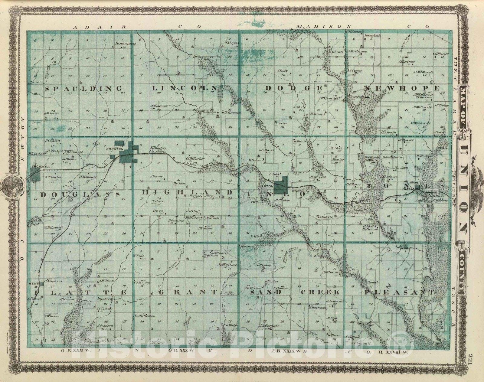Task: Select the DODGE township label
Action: coord(293,88)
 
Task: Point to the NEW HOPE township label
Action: coord(402,88)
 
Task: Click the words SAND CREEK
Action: coord(292,292)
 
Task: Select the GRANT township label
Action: coord(188,292)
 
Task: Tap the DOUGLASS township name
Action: coord(79,194)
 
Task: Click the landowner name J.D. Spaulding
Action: coord(125,44)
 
